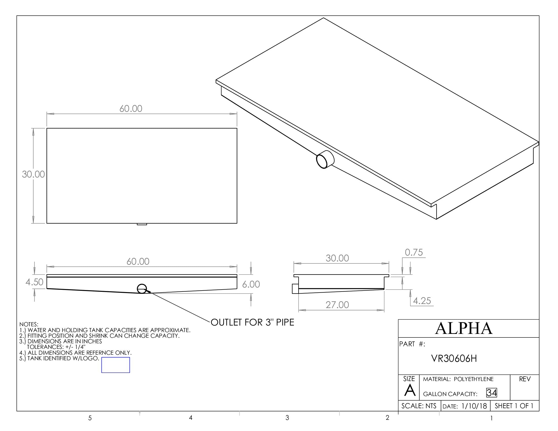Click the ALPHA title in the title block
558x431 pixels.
point(463,329)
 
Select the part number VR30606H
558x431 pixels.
point(454,359)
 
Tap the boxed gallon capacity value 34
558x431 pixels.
point(492,393)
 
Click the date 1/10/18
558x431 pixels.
point(474,406)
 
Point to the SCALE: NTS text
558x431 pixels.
point(419,406)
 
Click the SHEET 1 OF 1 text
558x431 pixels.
point(514,406)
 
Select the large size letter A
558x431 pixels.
point(410,391)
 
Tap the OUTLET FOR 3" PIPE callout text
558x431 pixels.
point(252,322)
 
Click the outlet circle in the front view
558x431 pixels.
point(142,289)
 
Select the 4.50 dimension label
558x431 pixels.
point(34,282)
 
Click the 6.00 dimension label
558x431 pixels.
point(251,284)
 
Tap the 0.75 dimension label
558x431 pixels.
point(414,253)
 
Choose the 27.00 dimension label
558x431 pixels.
point(337,305)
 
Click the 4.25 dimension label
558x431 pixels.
point(422,301)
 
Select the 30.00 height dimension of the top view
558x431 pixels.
point(33,174)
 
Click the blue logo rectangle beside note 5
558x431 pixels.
point(115,365)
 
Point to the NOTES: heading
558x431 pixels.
point(29,324)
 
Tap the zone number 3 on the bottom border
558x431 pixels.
point(287,418)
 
